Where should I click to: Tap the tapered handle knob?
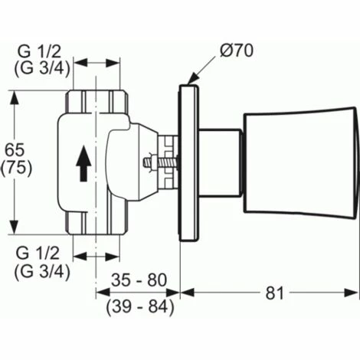299,163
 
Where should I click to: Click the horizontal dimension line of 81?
268,292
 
